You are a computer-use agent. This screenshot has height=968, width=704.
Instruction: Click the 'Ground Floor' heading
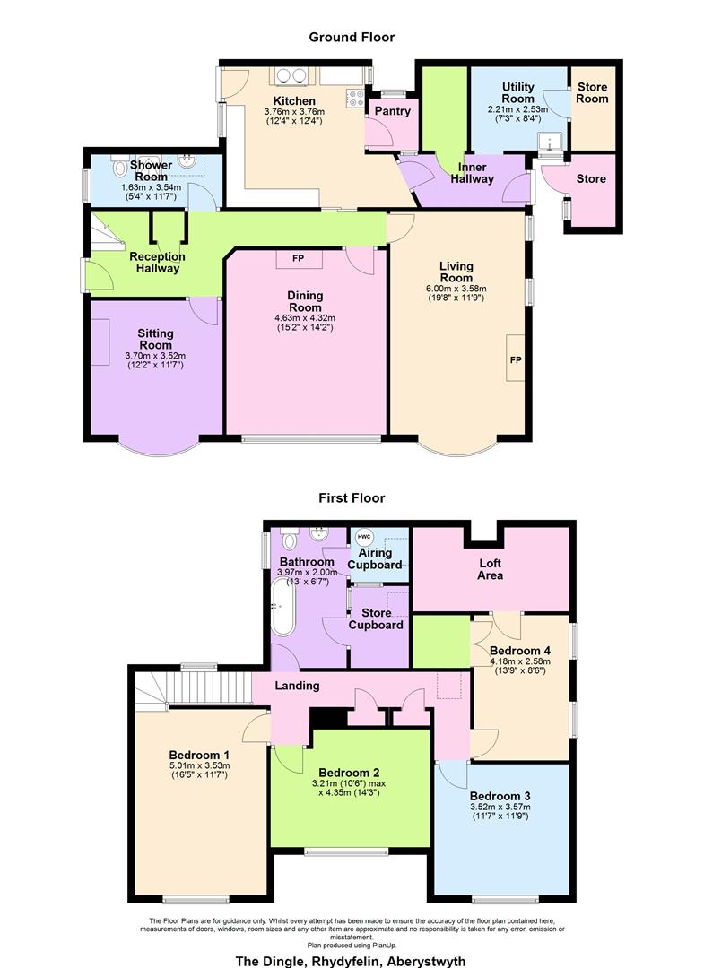pyautogui.click(x=352, y=37)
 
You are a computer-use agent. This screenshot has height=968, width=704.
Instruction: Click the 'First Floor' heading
pyautogui.click(x=352, y=497)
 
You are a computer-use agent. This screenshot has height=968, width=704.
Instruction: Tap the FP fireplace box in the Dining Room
pyautogui.click(x=298, y=259)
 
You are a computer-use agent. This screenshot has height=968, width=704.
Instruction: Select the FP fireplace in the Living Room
pyautogui.click(x=516, y=359)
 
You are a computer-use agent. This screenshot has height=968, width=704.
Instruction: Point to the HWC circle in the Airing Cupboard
pyautogui.click(x=363, y=538)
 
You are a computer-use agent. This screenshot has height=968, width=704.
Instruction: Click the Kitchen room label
pyautogui.click(x=294, y=101)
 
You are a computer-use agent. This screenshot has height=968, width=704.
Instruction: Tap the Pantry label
pyautogui.click(x=392, y=111)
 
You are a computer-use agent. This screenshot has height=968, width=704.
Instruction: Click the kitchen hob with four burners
pyautogui.click(x=356, y=99)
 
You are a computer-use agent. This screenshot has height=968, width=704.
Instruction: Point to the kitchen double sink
pyautogui.click(x=289, y=76)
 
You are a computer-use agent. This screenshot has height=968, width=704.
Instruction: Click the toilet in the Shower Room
pyautogui.click(x=120, y=169)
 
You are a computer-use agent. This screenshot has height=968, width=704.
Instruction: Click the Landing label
pyautogui.click(x=297, y=686)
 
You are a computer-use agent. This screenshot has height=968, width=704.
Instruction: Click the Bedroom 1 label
pyautogui.click(x=199, y=753)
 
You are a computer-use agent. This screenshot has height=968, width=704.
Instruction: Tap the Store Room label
pyautogui.click(x=593, y=92)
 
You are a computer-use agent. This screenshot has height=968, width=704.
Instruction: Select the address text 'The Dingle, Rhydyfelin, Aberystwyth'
pyautogui.click(x=351, y=961)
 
